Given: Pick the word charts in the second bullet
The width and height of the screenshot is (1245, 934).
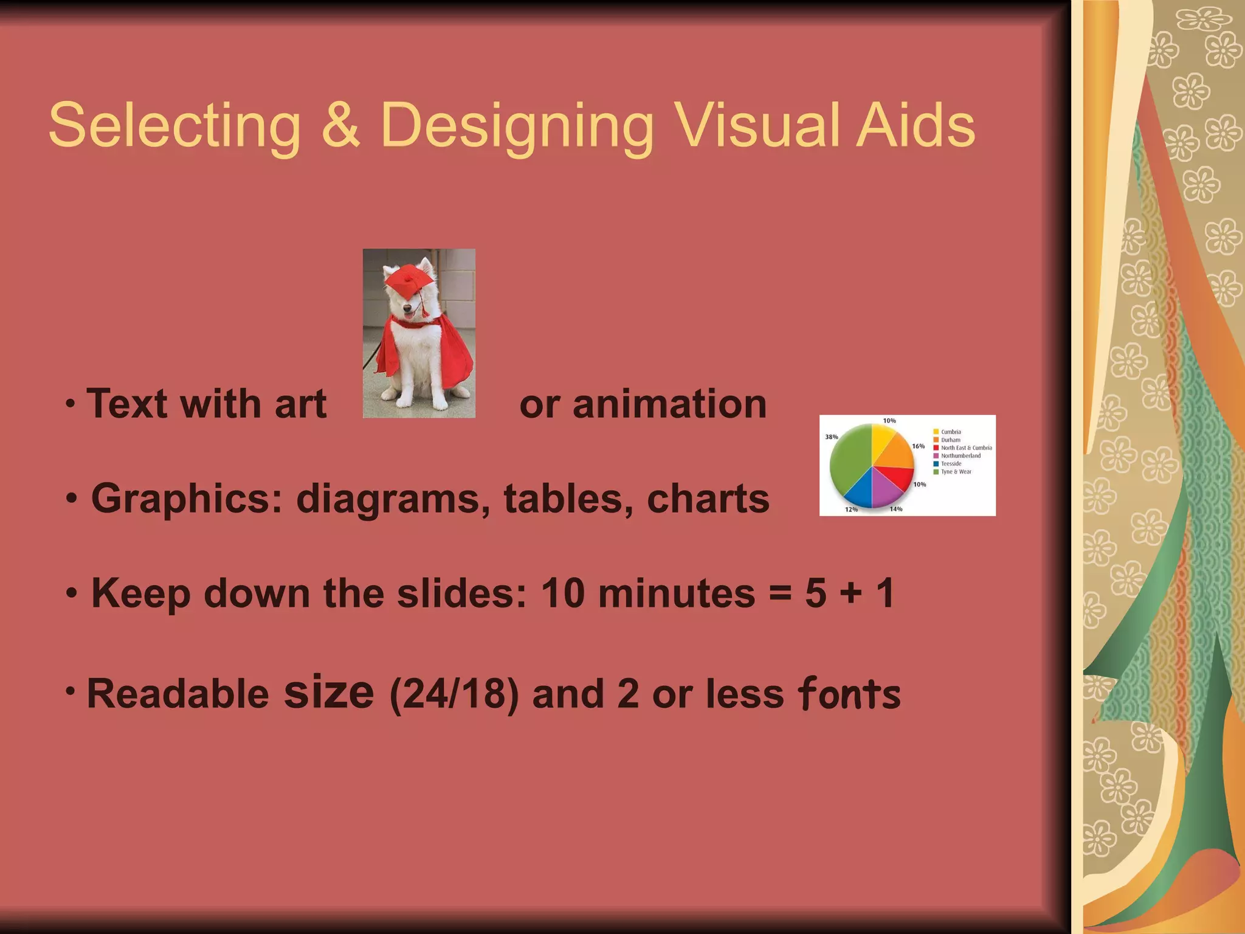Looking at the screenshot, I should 708,499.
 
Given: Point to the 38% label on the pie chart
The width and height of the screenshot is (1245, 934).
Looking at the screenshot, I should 831,437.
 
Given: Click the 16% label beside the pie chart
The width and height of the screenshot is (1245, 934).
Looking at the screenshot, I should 918,446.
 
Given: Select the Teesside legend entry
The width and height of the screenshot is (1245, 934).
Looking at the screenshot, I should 951,463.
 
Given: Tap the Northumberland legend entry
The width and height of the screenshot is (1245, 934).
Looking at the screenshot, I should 960,455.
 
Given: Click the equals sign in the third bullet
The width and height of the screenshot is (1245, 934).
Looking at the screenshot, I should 780,593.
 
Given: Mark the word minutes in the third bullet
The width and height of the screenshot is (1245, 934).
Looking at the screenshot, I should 676,593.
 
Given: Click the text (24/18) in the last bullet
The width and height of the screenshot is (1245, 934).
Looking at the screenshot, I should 454,694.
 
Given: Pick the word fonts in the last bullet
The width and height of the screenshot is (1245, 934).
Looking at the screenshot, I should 849,694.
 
